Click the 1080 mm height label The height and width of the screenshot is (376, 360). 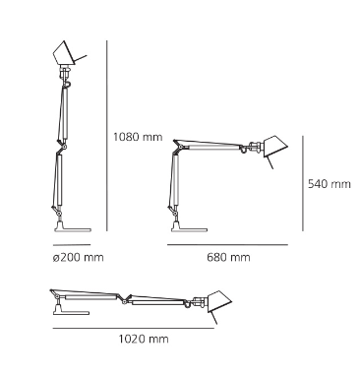click(138, 137)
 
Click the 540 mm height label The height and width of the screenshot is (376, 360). click(330, 184)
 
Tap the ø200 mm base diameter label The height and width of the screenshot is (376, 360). click(78, 258)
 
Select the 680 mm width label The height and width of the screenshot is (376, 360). click(228, 257)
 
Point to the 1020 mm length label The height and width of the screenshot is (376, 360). click(144, 339)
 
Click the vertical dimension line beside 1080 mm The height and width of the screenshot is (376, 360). click(107, 136)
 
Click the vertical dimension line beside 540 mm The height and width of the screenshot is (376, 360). click(303, 183)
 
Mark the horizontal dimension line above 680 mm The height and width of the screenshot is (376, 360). click(227, 245)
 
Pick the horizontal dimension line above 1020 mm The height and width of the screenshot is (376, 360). click(134, 328)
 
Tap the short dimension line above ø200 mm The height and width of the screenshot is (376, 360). click(72, 245)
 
